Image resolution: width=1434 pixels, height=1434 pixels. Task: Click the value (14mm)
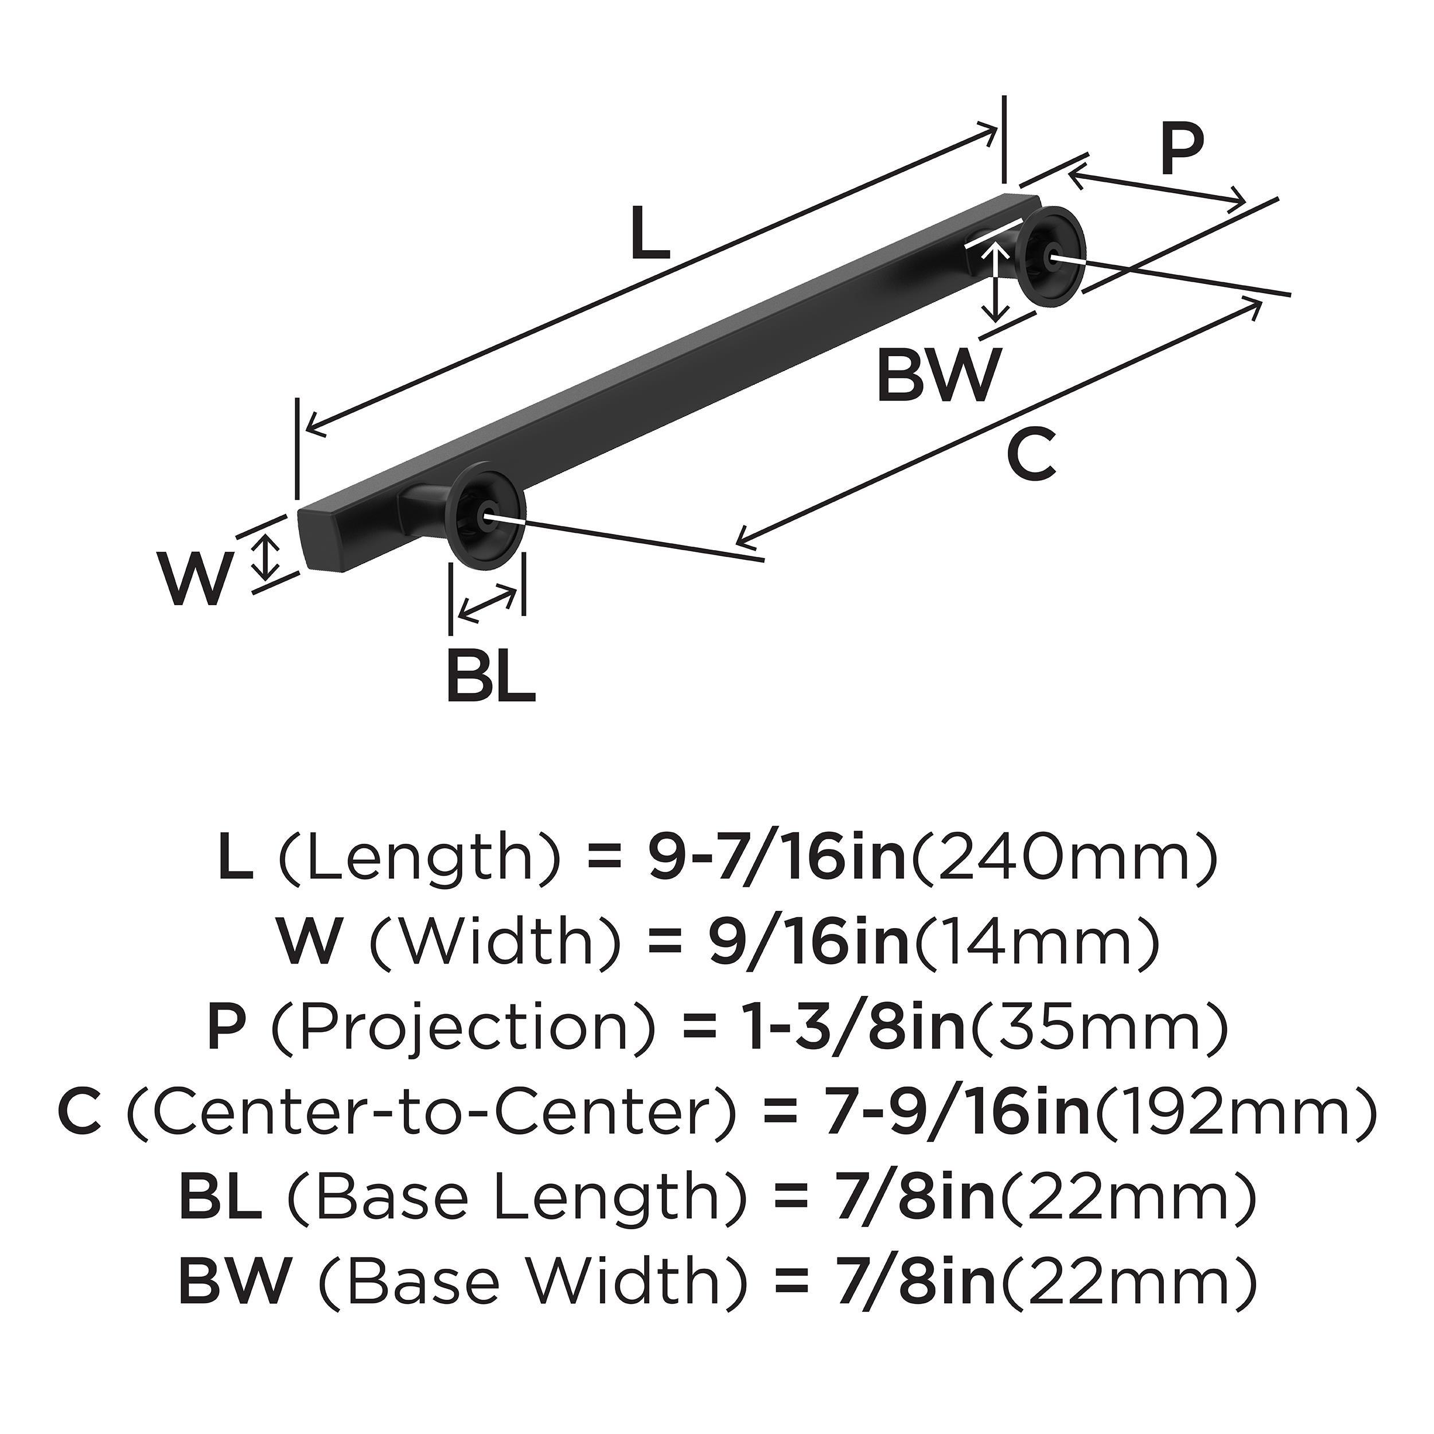[x=1038, y=942]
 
